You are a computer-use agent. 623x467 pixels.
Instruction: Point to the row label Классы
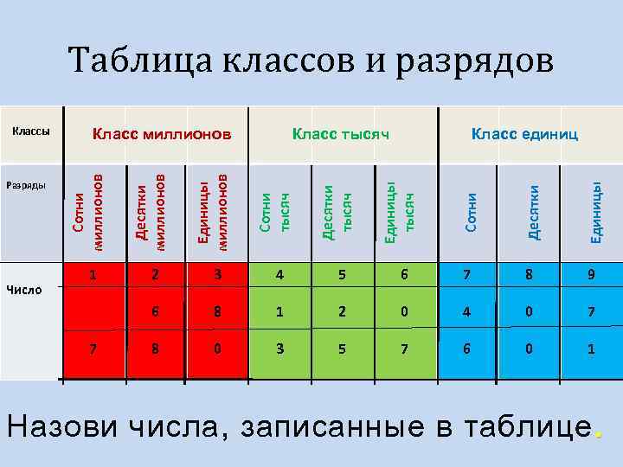tap(30, 131)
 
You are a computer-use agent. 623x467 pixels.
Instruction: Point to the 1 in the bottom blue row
tap(591, 350)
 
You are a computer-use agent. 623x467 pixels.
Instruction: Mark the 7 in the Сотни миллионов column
tap(93, 350)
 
